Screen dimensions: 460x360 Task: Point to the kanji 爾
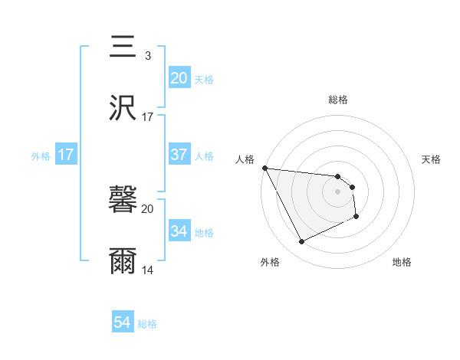[123, 261]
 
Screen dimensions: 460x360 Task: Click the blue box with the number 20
[179, 77]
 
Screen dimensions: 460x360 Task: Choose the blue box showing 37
[179, 155]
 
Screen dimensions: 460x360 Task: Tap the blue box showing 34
[179, 231]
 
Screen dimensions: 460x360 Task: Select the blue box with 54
[123, 323]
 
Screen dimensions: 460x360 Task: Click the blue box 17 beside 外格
[66, 155]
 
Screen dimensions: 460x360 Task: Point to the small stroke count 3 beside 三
[147, 56]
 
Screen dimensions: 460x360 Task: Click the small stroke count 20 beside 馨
[148, 208]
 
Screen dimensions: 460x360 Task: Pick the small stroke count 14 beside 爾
[148, 270]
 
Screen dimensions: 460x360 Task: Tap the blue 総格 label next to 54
[147, 325]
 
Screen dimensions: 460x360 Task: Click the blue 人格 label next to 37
[204, 156]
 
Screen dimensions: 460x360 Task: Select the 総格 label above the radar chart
[338, 100]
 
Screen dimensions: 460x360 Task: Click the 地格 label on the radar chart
[402, 262]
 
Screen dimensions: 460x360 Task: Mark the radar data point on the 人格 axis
[264, 168]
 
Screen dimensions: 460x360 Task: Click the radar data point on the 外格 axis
[302, 242]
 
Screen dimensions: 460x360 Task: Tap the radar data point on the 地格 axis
[356, 218]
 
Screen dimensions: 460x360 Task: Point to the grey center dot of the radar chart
[338, 191]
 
